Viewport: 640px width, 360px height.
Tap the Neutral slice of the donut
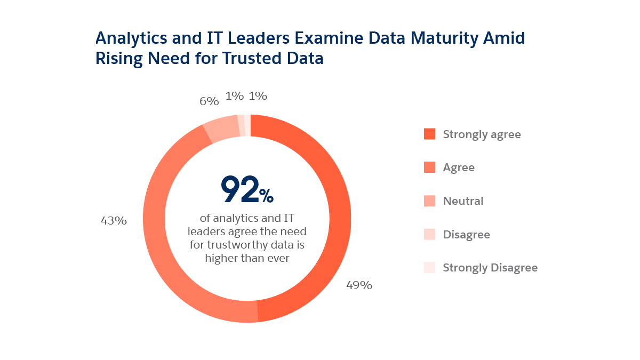[x=221, y=128]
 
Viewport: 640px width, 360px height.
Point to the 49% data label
[x=359, y=285]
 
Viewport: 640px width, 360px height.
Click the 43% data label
[x=114, y=220]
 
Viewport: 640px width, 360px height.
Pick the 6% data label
[x=209, y=101]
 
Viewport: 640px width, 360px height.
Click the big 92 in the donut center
[x=240, y=190]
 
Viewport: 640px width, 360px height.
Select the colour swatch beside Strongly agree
[x=429, y=134]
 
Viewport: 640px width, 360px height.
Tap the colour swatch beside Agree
[x=429, y=167]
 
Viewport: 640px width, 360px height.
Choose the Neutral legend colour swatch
[x=429, y=201]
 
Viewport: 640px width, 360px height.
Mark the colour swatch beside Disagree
[x=429, y=234]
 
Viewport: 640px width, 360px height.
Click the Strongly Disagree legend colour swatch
[x=429, y=268]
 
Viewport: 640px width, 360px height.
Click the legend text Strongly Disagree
[x=490, y=268]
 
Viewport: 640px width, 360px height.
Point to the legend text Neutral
[x=463, y=201]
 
